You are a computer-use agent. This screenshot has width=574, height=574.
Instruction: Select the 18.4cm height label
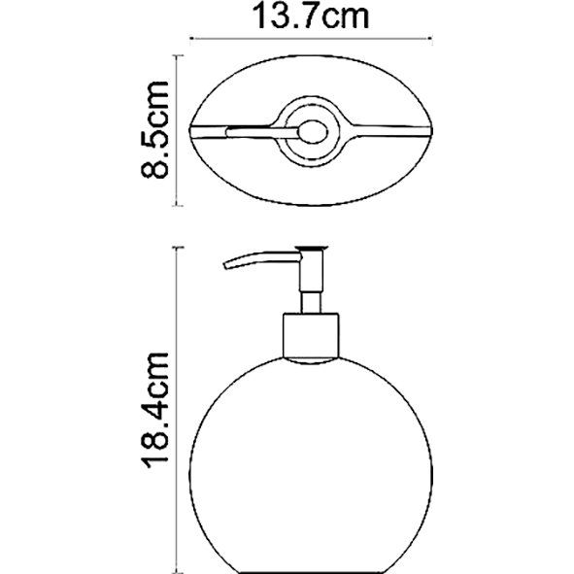click(159, 410)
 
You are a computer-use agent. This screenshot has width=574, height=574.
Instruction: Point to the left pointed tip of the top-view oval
click(190, 129)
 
